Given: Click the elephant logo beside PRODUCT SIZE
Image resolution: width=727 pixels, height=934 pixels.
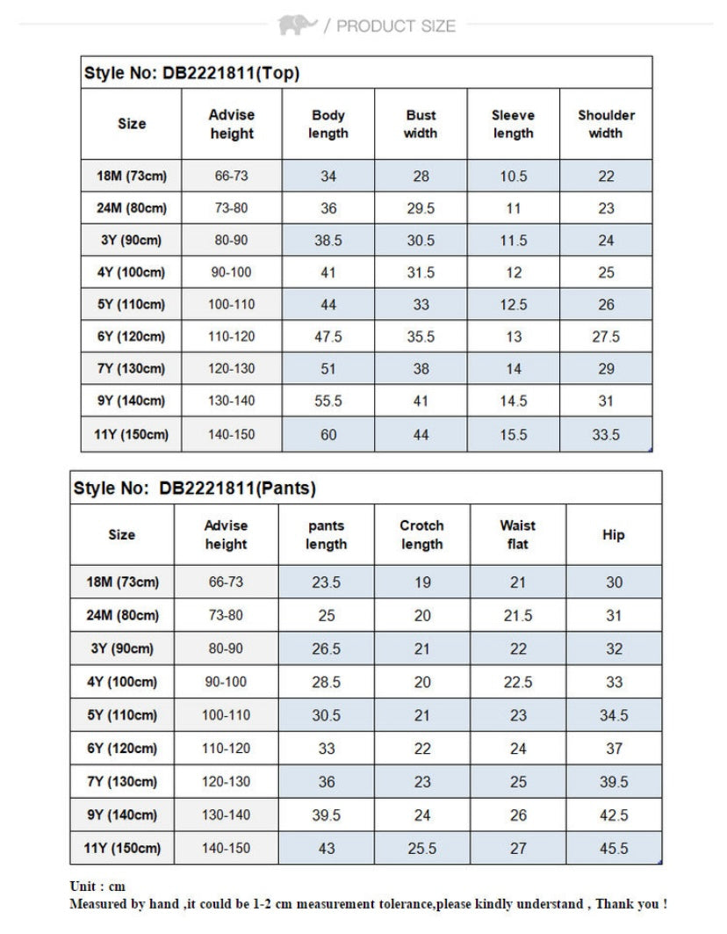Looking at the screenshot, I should coord(297,25).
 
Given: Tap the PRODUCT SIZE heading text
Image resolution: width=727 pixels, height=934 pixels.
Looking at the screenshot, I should coord(396,26).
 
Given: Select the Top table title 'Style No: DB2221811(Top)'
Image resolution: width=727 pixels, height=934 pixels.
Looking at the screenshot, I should coord(192,73).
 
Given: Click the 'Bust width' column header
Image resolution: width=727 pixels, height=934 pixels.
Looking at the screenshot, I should coord(421,124).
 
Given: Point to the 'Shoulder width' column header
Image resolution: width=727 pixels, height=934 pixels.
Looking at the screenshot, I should coord(606,124).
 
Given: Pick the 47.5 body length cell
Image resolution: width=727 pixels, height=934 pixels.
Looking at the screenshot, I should coord(328,337).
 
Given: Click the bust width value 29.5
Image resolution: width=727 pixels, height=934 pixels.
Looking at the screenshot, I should coord(421,208).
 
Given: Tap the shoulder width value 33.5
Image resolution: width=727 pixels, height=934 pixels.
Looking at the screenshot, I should coord(606,434).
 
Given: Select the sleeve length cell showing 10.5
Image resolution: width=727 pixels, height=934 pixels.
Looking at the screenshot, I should coord(514,177).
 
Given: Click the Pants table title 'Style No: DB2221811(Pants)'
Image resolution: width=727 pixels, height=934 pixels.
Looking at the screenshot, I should coord(195,488).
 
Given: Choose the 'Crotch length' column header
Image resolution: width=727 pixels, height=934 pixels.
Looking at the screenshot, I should coord(422,534).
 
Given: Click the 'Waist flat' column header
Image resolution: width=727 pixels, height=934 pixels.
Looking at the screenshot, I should coord(518,534).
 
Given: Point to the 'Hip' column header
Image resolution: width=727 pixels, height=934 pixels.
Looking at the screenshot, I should coord(614,534).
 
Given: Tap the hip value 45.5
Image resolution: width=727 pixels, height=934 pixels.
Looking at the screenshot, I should coord(614,848).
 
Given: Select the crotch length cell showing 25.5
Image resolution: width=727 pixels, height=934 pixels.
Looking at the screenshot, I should coord(422,848).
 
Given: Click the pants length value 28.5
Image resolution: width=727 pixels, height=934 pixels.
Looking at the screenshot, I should coord(326,682).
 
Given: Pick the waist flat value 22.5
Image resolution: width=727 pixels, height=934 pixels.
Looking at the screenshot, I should coord(518,682).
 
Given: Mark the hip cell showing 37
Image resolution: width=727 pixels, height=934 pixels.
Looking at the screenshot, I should coord(614,749).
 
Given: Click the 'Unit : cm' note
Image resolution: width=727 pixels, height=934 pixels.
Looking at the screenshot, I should coord(97,886).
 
